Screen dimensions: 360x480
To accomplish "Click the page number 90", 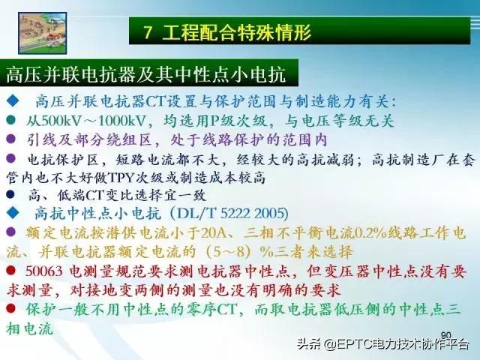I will pos(445,335).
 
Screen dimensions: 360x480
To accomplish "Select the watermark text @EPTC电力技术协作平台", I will pos(397,346).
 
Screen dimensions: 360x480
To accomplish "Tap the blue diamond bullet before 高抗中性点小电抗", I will pos(11,214).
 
